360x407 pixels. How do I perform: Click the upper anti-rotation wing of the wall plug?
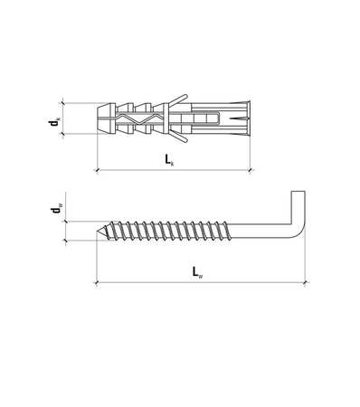[x=180, y=95]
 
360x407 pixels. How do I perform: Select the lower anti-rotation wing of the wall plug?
[x=180, y=141]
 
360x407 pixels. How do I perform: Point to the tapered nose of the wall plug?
[x=102, y=118]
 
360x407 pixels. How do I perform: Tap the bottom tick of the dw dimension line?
[x=64, y=241]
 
